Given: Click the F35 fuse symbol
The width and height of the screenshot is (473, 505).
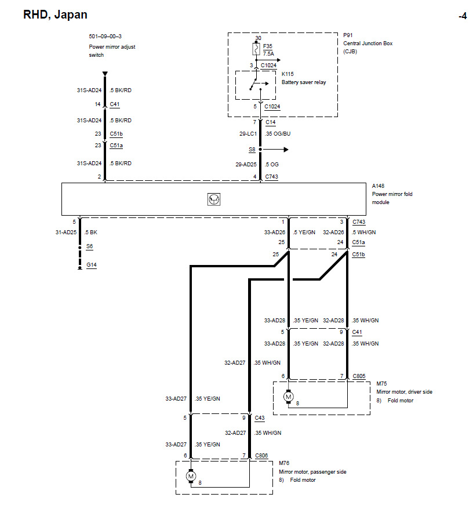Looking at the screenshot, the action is pos(256,49).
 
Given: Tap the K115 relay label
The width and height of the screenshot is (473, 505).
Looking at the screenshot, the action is pos(288,74).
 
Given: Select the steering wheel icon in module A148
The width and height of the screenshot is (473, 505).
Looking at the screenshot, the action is pos(214,199).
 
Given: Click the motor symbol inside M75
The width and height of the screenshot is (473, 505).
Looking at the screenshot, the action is pos(289,397).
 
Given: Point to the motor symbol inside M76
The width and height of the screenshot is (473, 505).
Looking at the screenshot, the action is pos(191,476).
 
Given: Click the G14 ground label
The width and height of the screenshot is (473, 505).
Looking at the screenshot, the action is pos(92,265).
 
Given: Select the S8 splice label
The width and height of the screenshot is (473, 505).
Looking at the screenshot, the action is pos(252,150).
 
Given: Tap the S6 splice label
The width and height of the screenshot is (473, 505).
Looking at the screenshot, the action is pos(89,246).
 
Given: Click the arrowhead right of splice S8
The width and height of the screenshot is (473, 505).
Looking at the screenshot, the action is pos(286,150).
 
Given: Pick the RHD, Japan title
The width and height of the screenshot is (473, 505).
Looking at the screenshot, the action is pos(55,15).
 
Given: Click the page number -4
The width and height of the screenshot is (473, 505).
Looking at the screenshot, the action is pos(463,16).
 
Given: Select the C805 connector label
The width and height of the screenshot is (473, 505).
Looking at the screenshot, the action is pos(359,376).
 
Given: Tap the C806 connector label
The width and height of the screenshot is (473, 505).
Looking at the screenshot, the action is pos(261,455).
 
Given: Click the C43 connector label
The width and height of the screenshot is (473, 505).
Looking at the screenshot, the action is pos(260,417).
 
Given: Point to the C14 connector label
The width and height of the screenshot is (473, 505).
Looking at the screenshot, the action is pos(271,122).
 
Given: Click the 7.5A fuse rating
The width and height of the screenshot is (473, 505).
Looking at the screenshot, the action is pos(268,54).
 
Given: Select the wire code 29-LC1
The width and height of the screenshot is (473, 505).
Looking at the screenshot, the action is pos(248,134).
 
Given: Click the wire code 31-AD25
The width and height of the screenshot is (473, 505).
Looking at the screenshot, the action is pos(66,232).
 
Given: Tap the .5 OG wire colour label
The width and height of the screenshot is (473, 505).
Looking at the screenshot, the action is pos(272,164).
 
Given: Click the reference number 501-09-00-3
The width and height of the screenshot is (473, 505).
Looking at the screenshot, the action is pos(105,37).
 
